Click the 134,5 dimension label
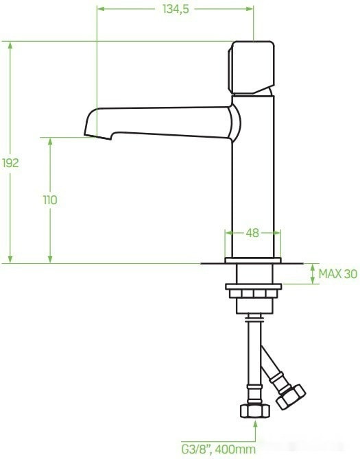[x=175, y=9]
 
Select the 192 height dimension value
[x=10, y=163]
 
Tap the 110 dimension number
[x=49, y=200]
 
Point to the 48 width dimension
[x=252, y=233]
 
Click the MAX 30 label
[x=337, y=274]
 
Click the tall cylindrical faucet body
[x=252, y=178]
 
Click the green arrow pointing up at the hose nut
[x=256, y=425]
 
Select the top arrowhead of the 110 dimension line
[x=49, y=140]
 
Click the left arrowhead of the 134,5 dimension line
[x=101, y=9]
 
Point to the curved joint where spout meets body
[x=235, y=121]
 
